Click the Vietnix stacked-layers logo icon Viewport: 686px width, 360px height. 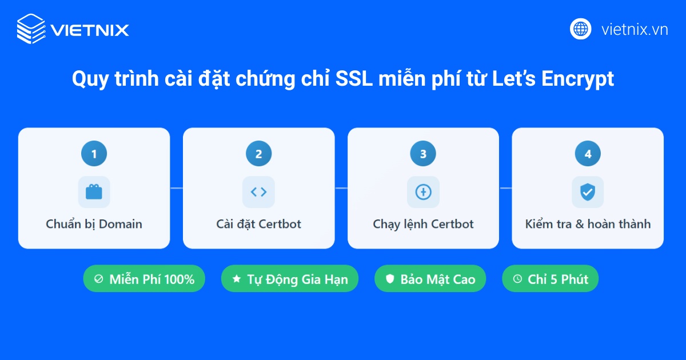[x=30, y=29]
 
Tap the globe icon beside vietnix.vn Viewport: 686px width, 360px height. [x=580, y=29]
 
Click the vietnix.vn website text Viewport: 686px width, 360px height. [x=635, y=30]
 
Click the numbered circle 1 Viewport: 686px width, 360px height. [x=94, y=154]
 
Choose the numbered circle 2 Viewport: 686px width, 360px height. [x=258, y=154]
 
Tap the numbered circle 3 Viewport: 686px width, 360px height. [x=423, y=154]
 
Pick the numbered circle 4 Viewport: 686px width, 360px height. [x=588, y=154]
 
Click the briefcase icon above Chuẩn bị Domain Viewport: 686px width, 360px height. [x=94, y=192]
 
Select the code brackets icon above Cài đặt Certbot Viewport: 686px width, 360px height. [x=258, y=192]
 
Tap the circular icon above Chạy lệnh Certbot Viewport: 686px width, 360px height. [x=423, y=192]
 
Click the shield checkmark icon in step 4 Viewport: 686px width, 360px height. [x=588, y=192]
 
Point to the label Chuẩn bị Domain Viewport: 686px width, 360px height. [x=94, y=224]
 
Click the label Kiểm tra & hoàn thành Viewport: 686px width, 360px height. [x=588, y=224]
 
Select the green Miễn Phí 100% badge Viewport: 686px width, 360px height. [x=144, y=279]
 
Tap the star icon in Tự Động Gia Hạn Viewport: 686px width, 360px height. [x=237, y=279]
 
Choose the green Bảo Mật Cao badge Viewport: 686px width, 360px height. [x=430, y=279]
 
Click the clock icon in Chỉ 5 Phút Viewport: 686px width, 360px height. [x=517, y=279]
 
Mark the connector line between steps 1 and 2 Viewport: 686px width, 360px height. [x=176, y=188]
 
